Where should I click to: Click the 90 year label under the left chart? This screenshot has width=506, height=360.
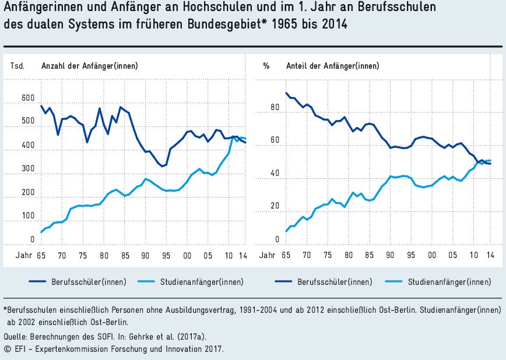[x=145, y=255]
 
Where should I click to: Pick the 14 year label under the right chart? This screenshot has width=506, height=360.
[x=490, y=255]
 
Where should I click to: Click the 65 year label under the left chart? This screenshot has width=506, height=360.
[x=41, y=255]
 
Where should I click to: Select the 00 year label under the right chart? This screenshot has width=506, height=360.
[x=431, y=255]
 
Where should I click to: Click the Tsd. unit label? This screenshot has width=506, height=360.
[x=17, y=66]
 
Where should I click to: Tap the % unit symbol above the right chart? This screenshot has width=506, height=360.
[x=266, y=66]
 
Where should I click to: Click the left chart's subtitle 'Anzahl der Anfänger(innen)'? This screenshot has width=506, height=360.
[x=89, y=66]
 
